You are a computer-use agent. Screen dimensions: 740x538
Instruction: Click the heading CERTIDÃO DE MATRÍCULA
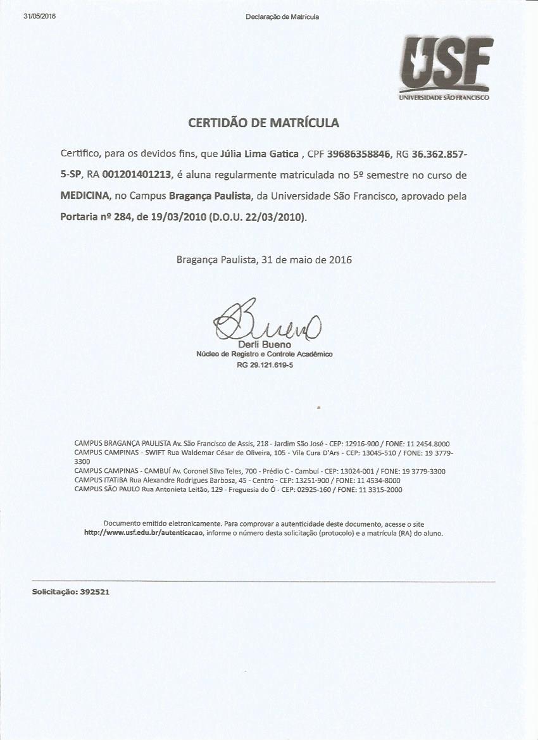click(263, 123)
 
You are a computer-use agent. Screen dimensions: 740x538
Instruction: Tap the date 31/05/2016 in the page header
click(39, 16)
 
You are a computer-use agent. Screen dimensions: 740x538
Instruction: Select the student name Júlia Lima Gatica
click(260, 154)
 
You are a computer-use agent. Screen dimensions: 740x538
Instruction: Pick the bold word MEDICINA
click(86, 196)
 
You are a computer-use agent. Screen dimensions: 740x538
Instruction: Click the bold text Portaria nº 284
click(96, 216)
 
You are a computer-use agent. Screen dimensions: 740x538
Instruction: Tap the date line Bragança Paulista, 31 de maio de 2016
click(264, 260)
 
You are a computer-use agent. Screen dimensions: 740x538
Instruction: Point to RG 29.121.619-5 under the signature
click(265, 365)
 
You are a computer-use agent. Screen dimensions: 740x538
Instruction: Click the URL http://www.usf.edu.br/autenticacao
click(144, 533)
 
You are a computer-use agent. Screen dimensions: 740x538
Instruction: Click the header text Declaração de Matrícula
click(282, 16)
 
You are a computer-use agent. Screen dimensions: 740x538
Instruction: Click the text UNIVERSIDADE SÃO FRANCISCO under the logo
click(444, 97)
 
